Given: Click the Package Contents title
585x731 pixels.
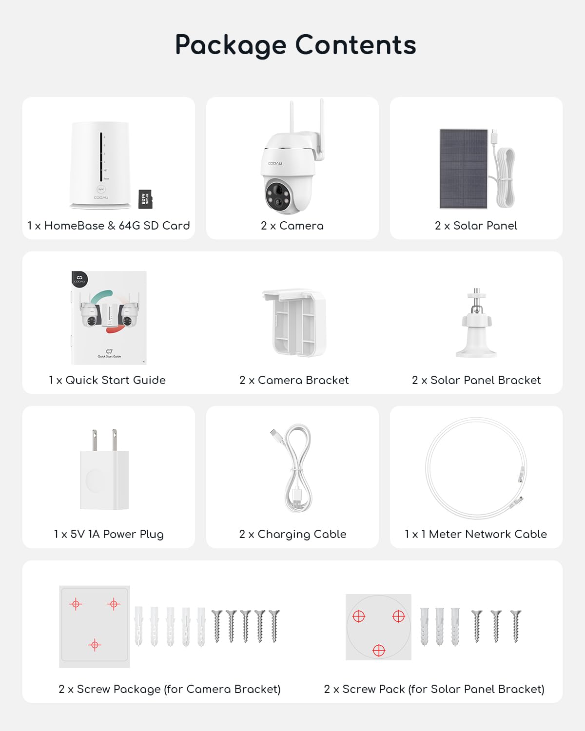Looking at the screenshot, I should point(295,45).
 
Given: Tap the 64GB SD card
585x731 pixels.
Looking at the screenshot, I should point(145,199).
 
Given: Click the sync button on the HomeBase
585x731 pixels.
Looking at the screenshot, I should point(101,190).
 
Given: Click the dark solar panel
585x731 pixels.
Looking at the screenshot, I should point(464,169).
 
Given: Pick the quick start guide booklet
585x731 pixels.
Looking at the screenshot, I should point(109,318).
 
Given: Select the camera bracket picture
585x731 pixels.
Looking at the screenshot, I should point(294,323).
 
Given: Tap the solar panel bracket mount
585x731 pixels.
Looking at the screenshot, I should point(476,324).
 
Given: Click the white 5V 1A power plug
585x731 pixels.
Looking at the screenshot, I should point(104,473).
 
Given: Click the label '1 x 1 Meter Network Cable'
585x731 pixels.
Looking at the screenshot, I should point(476,534).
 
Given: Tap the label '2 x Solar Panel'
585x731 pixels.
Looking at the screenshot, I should point(476,226).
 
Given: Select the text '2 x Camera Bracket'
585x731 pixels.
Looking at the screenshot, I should point(294,380).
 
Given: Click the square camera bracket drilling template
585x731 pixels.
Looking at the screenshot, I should point(95,626).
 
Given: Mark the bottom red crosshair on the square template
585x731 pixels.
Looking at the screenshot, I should point(95,645).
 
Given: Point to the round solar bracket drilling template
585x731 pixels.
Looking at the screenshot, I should point(378,627).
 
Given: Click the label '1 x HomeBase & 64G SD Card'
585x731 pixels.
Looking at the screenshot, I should point(109,226).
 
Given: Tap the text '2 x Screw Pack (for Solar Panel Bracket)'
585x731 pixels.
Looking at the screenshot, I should point(434,689).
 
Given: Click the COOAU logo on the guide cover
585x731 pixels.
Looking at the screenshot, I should point(79,279).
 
